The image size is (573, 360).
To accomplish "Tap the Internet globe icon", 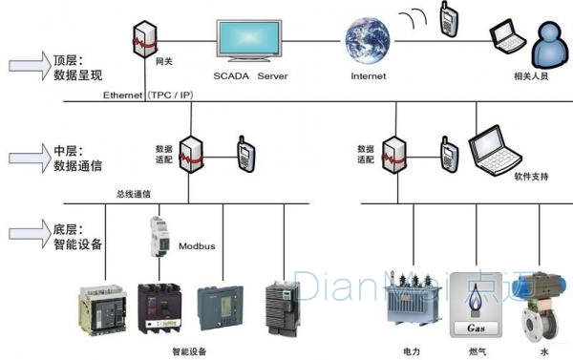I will (368, 38).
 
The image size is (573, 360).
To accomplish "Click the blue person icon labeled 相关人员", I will (550, 42).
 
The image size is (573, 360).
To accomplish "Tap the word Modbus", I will (198, 246).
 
